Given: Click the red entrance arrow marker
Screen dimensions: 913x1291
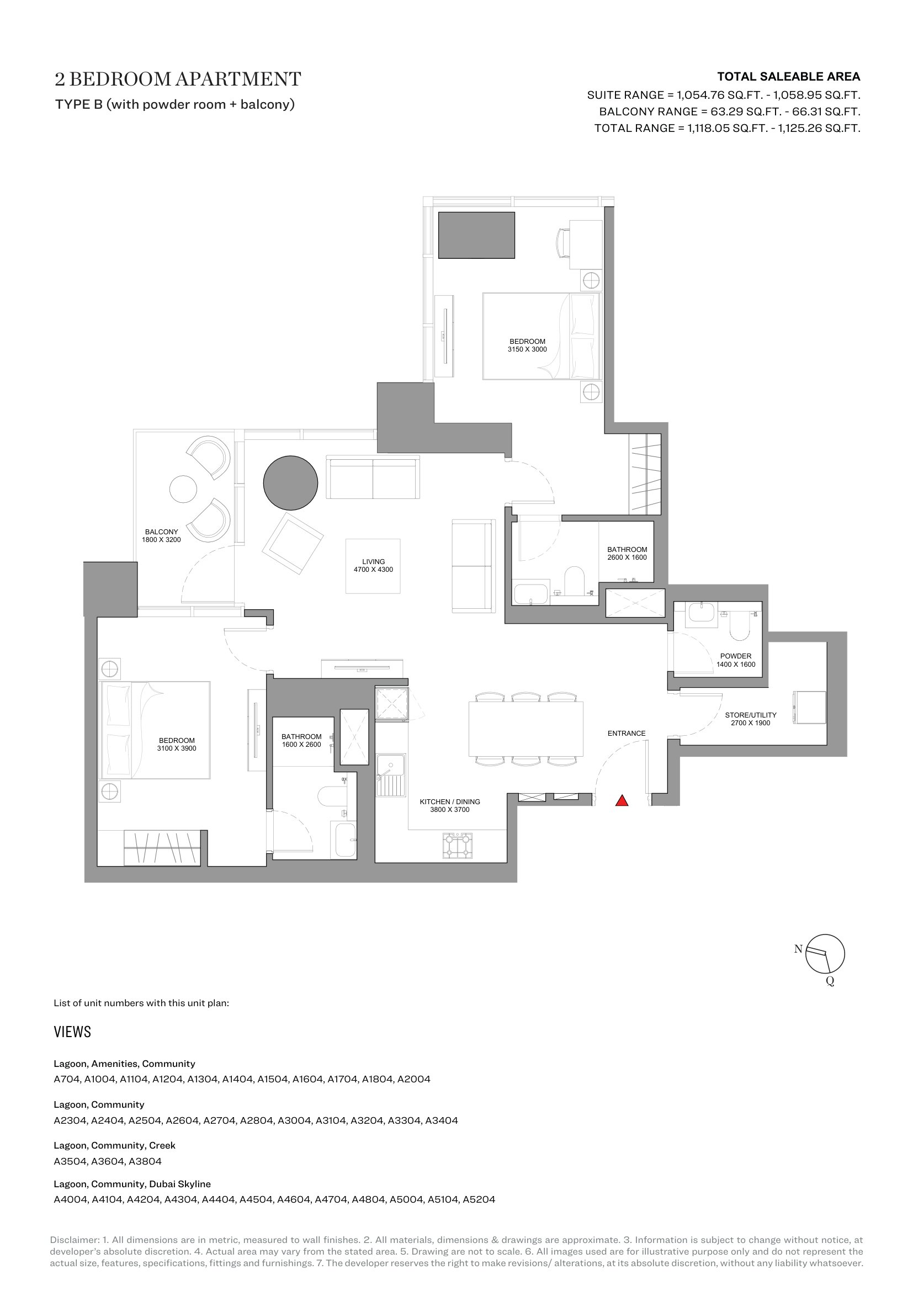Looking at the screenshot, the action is click(622, 801).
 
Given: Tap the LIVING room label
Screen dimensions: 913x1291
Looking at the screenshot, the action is click(373, 566).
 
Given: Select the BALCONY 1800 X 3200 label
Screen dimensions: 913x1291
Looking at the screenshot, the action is click(161, 535).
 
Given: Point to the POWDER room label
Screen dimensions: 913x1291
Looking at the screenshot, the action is click(736, 660).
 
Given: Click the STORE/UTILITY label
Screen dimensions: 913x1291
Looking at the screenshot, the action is click(751, 719).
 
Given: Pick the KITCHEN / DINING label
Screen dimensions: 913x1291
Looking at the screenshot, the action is click(450, 805).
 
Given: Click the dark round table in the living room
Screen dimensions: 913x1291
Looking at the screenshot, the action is click(291, 483).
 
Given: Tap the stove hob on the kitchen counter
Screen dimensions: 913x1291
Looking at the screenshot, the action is click(458, 845).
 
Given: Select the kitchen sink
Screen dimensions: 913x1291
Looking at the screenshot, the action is click(391, 775).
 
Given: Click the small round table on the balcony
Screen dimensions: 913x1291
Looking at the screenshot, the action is click(183, 489).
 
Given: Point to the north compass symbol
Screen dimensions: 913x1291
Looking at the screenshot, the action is click(824, 954).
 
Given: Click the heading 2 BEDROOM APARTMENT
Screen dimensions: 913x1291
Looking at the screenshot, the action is click(178, 79).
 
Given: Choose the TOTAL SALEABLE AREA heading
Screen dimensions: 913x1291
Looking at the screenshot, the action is click(789, 77).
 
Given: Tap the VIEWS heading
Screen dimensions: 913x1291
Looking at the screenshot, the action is click(72, 1032).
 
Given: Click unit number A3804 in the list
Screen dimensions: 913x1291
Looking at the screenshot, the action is click(145, 1161).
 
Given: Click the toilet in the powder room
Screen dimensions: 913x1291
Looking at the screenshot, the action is click(740, 626).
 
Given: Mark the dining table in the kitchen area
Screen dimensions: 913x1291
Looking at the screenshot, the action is click(525, 729).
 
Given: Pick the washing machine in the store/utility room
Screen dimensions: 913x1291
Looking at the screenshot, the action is click(809, 708).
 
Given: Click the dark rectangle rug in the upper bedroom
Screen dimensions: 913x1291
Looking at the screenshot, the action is click(476, 235).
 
